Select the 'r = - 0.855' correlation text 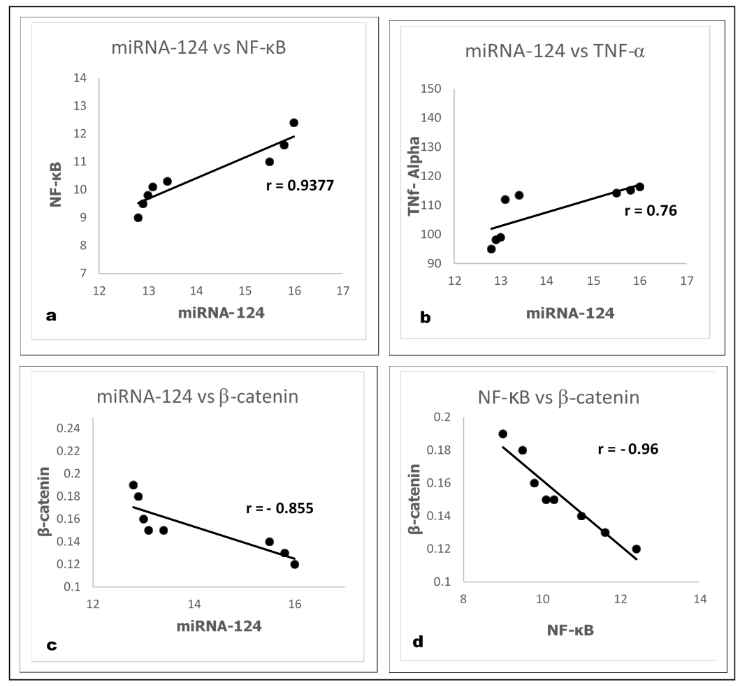point(280,508)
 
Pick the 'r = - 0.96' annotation point(628,448)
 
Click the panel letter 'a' point(50,316)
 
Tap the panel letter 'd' point(418,642)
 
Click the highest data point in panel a point(293,123)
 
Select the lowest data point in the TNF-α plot point(491,249)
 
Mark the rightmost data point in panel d point(636,549)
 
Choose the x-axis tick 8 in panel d point(463,599)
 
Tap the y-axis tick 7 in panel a point(82,273)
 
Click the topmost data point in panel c point(133,485)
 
